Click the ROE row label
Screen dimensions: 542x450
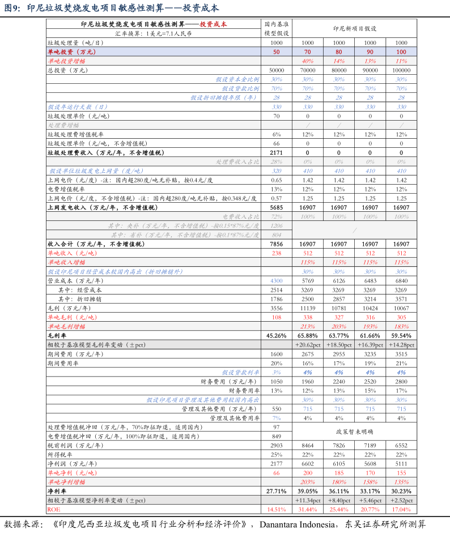pos(53,510)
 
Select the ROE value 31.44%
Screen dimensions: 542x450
pos(308,510)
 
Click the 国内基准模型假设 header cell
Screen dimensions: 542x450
pos(277,29)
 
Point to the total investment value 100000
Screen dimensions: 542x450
pos(401,70)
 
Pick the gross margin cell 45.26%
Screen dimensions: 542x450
pos(277,336)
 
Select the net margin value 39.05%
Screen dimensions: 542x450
pos(308,491)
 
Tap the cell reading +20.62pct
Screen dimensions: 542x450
pos(308,344)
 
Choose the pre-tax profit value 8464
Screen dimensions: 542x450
pos(308,446)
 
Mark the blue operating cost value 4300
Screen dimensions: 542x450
pos(277,281)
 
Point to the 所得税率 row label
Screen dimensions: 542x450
pos(60,455)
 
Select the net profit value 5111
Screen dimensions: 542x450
pos(401,463)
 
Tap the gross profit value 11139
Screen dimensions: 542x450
pos(308,308)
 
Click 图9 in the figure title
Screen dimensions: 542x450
pos(12,8)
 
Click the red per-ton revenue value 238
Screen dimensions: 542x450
pos(277,253)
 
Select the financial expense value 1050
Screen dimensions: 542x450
pos(277,381)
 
